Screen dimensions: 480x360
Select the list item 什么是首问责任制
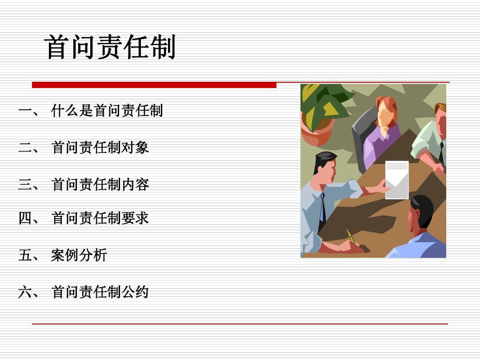pyautogui.click(x=107, y=111)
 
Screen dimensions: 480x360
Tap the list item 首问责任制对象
pyautogui.click(x=100, y=148)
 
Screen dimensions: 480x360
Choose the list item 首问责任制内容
pyautogui.click(x=100, y=184)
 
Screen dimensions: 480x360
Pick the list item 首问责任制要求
pyautogui.click(x=100, y=218)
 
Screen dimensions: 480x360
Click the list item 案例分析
pyautogui.click(x=79, y=255)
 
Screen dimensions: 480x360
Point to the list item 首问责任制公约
pyautogui.click(x=100, y=292)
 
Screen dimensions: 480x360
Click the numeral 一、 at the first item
pyautogui.click(x=28, y=111)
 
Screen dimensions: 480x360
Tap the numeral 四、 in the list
pyautogui.click(x=28, y=218)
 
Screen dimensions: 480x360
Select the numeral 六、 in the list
pyautogui.click(x=28, y=292)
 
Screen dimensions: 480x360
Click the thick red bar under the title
pyautogui.click(x=154, y=85)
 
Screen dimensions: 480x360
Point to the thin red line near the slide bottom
pyautogui.click(x=240, y=324)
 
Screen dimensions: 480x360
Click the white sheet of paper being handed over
pyautogui.click(x=397, y=180)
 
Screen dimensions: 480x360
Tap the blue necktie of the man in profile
pyautogui.click(x=322, y=208)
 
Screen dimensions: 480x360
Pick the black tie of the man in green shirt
pyautogui.click(x=441, y=152)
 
